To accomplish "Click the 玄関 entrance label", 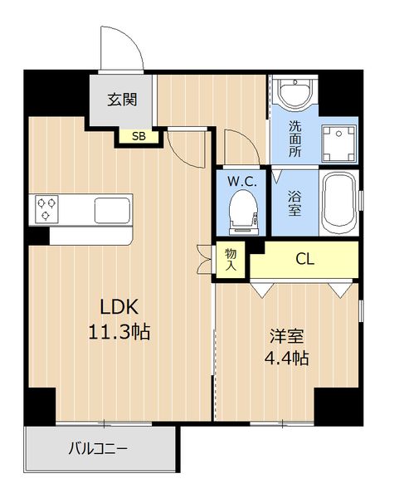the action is point(122,100).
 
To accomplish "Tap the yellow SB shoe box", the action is point(139,137).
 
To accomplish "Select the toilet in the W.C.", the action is point(244,212).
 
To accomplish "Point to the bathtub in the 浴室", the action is point(339,203).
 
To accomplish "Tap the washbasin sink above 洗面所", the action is point(294,92).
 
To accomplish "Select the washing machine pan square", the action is point(339,144).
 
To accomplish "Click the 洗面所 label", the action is point(295,139).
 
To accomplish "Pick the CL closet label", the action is point(305,259).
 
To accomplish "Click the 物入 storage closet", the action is point(231,259).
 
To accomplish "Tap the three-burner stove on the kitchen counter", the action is point(46,209).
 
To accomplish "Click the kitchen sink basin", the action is point(112,210).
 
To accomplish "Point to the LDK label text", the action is point(119,307).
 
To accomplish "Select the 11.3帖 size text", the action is point(119,332).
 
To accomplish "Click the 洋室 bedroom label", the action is point(287,336).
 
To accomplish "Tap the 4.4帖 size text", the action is point(287,359).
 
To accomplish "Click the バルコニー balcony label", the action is point(98,449).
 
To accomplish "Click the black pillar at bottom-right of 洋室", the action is point(338,406).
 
